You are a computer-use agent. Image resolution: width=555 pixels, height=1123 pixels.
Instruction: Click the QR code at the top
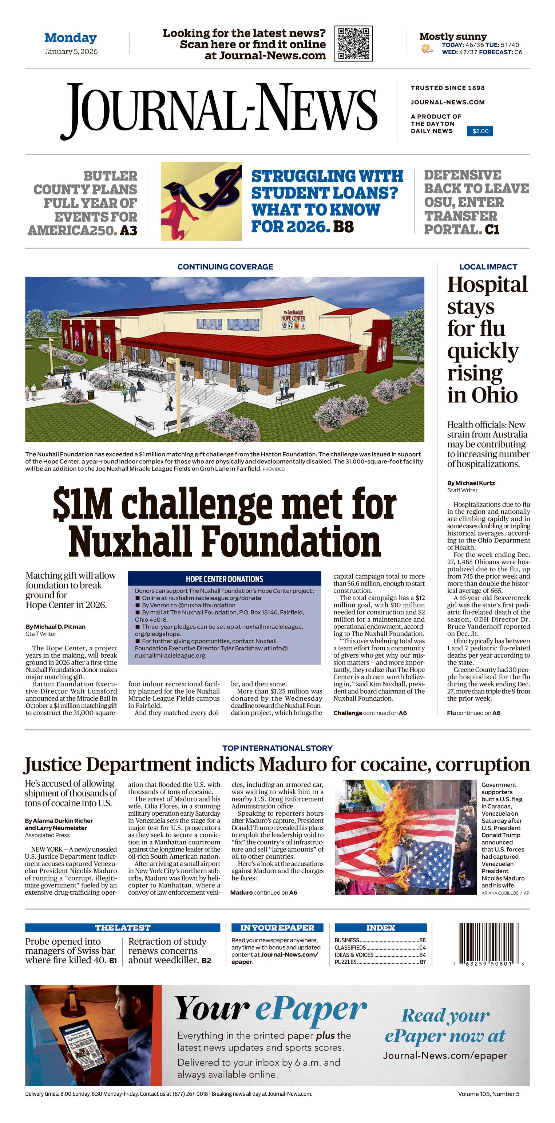coord(353,44)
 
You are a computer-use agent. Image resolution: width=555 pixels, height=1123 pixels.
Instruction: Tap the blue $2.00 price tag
coord(480,131)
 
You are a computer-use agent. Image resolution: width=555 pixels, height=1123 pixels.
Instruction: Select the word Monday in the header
coord(70,38)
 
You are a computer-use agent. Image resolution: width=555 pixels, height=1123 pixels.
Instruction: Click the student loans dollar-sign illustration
coord(201,201)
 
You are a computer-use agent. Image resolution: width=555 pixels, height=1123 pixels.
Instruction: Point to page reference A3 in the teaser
coord(128,230)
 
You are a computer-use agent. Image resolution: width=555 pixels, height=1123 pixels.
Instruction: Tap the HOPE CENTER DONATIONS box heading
coord(224,579)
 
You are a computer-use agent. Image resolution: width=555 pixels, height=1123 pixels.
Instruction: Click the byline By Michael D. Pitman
coord(55,626)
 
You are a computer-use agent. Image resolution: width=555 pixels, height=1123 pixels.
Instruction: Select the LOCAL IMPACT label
coord(488,267)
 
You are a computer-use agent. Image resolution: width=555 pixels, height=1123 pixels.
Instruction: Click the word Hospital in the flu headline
coord(487,285)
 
